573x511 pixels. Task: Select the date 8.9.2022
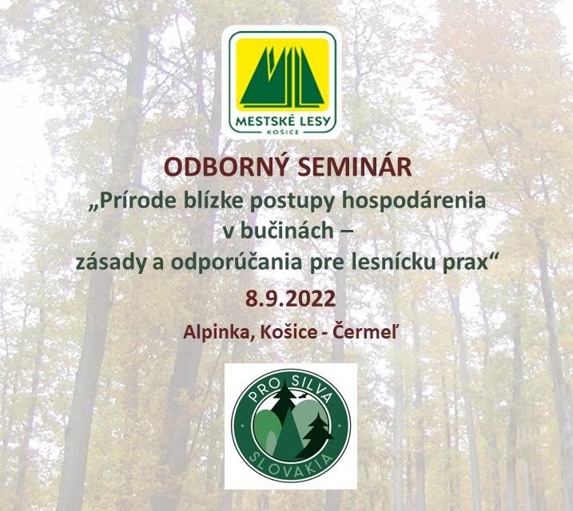click(291, 299)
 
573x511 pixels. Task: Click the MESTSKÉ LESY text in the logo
click(283, 121)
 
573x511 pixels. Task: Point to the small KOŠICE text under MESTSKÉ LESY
click(283, 132)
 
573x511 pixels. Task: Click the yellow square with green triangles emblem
click(282, 75)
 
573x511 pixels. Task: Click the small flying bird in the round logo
click(302, 395)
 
